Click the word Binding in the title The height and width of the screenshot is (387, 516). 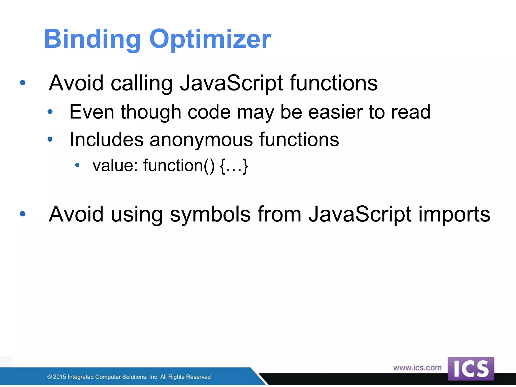click(x=92, y=39)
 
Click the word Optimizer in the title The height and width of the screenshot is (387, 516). click(x=210, y=39)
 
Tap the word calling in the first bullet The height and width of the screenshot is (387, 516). click(x=142, y=83)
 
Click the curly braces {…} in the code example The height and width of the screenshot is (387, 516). click(x=234, y=166)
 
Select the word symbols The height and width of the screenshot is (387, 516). click(x=210, y=214)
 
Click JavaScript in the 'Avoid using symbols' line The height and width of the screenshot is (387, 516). click(x=360, y=214)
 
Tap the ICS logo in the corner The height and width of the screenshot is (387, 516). click(x=471, y=369)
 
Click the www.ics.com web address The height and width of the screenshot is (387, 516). click(x=417, y=368)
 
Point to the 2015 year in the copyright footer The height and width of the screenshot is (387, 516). click(x=59, y=377)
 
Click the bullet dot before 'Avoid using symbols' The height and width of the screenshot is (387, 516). click(x=23, y=214)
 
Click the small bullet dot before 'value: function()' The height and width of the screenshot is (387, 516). click(x=77, y=165)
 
